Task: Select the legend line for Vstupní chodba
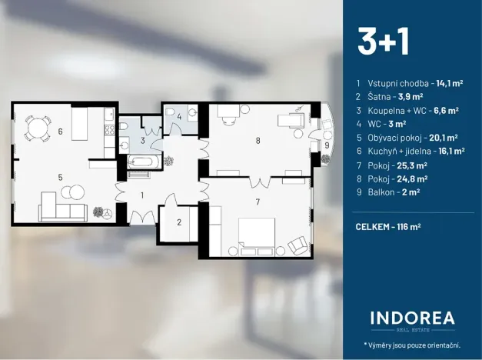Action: pos(408,82)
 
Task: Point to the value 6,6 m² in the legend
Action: pos(446,110)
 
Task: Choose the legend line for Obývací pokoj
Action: pos(411,138)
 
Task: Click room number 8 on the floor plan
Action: pos(258,140)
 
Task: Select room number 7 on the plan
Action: pos(258,202)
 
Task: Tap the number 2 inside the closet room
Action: pos(178,222)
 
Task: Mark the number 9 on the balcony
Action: pos(327,145)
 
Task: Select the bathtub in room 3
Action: pos(144,162)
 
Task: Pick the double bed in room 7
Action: pos(255,234)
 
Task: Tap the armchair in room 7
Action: pos(297,246)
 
